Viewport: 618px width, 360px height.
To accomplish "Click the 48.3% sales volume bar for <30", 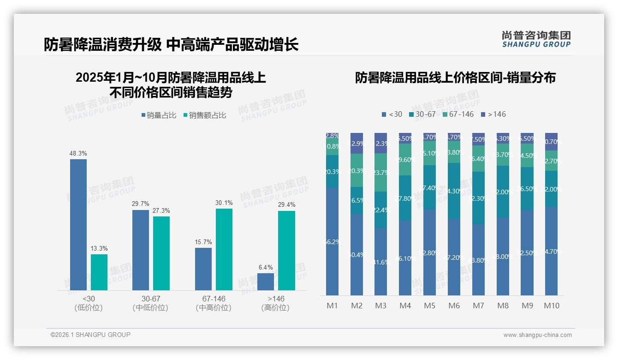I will point(78,225).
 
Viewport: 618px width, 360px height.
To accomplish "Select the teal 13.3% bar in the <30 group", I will point(99,272).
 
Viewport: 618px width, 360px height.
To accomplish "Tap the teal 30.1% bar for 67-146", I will point(224,249).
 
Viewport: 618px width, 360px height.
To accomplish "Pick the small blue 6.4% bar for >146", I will point(266,282).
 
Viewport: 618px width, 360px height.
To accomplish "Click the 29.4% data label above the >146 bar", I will point(286,204).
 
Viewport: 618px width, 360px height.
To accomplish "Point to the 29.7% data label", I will point(141,204).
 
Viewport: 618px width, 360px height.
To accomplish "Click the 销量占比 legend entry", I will point(159,115).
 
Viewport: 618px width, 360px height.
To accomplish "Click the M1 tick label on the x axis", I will point(332,306).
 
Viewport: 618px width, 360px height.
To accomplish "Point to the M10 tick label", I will point(552,306).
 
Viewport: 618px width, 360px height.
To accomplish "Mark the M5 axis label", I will point(429,306).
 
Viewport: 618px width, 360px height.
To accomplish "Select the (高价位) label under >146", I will point(275,308).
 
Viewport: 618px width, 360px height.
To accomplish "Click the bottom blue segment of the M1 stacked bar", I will point(332,241).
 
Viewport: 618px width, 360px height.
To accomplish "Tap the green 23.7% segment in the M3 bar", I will point(380,172).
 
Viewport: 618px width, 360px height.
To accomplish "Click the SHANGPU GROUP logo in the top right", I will point(536,39).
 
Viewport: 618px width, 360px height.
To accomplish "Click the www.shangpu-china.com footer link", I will point(537,335).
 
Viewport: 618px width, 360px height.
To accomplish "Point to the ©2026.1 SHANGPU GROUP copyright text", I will point(90,335).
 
